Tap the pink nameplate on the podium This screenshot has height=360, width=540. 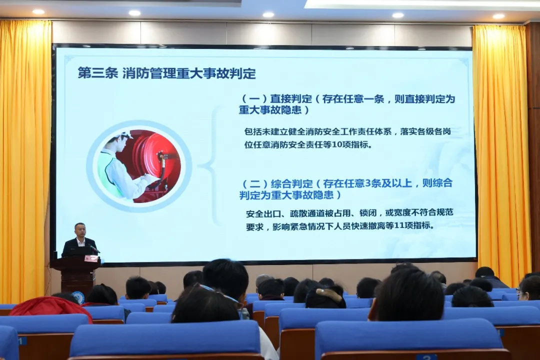click(x=91, y=258)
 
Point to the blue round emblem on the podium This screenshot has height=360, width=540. click(x=78, y=297)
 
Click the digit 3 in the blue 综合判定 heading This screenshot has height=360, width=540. click(x=368, y=183)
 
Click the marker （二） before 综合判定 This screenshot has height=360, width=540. click(x=255, y=183)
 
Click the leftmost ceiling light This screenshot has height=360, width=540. click(x=38, y=11)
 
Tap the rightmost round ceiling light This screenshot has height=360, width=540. click(x=498, y=16)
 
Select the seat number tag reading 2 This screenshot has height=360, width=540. click(x=425, y=357)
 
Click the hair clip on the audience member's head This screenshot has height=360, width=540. click(x=321, y=292)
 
